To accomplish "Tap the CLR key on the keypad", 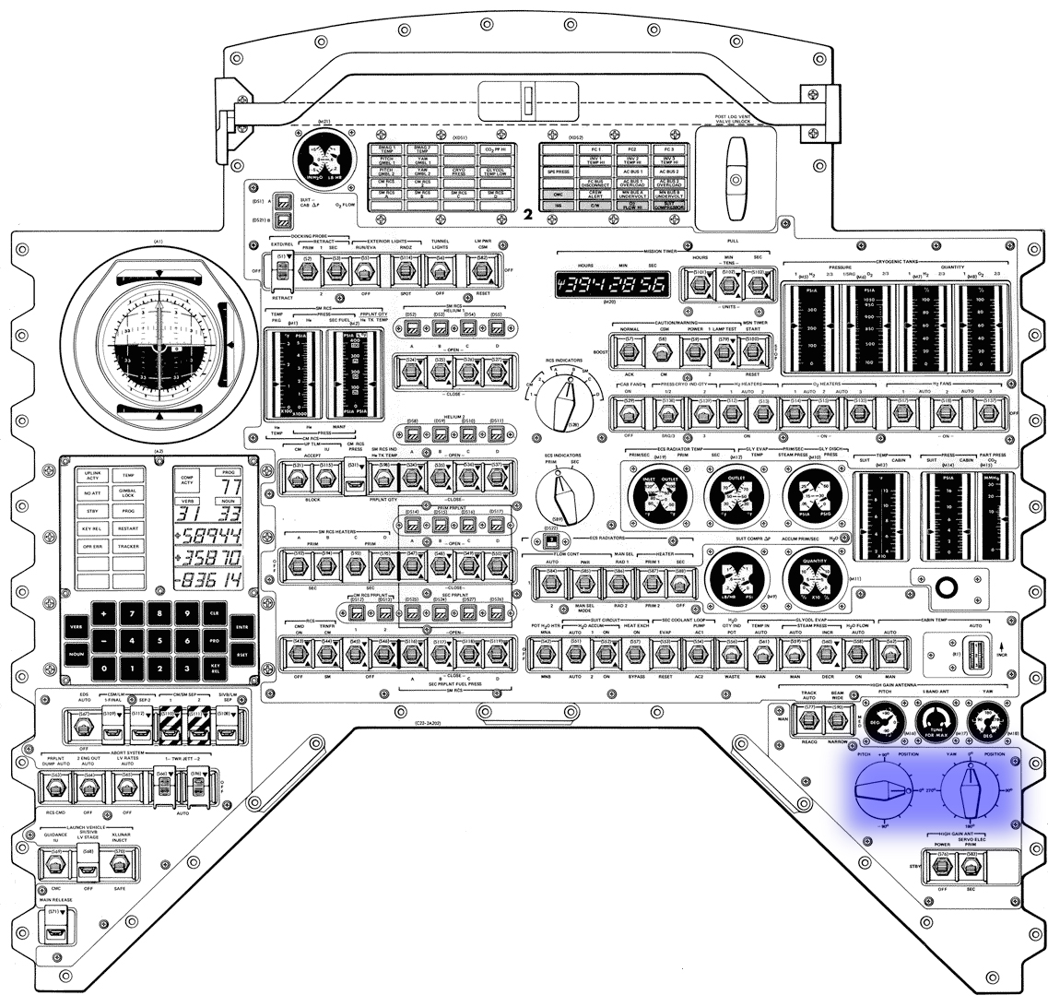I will (214, 613).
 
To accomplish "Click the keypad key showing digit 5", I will (161, 640).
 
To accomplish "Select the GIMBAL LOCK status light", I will (128, 493).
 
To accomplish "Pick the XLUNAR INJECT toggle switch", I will (117, 864).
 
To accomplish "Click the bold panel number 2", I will (527, 215).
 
